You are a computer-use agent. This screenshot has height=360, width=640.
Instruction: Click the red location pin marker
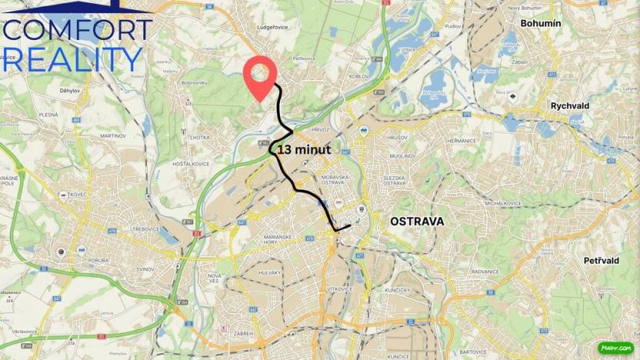(260, 75)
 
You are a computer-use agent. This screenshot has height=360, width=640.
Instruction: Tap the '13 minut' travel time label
(305, 150)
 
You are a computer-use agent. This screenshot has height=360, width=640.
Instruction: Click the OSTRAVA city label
(417, 222)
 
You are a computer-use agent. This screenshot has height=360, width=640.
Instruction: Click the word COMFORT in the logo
(77, 30)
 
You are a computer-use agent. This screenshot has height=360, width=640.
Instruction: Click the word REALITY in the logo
(73, 59)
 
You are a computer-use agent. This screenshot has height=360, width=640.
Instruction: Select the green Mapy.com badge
(615, 348)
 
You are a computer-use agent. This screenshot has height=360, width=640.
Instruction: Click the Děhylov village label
(70, 91)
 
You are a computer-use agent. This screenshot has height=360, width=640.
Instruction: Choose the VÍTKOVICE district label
(338, 288)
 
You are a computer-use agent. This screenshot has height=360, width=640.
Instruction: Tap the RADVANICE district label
(485, 272)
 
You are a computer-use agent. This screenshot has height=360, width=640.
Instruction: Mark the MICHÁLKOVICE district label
(502, 203)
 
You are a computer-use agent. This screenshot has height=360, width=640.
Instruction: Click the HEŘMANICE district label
(461, 141)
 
